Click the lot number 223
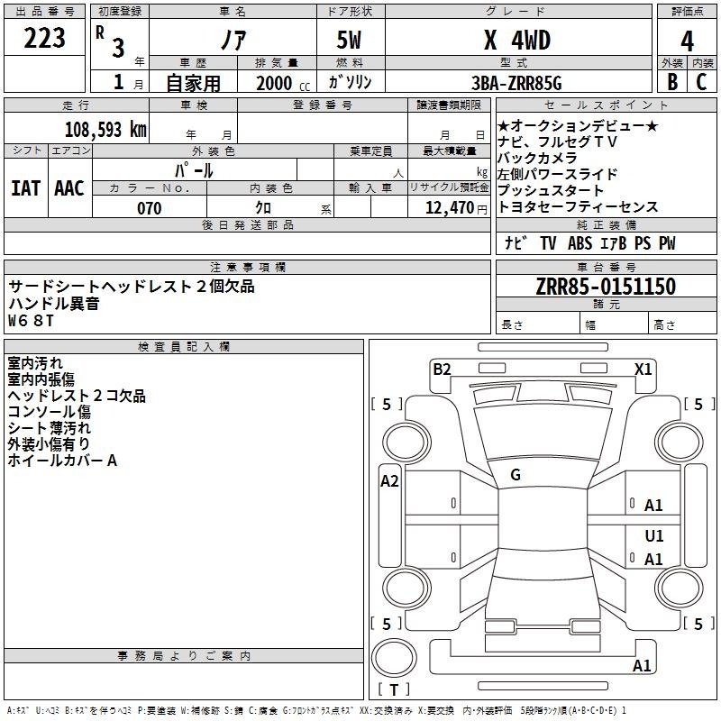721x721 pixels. pos(44,38)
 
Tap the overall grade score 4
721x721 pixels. pos(687,41)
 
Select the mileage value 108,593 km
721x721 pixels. pos(105,130)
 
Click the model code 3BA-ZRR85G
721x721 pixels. pos(516,83)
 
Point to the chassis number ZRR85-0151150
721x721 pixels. pos(606,287)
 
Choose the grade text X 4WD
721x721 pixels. pos(517,41)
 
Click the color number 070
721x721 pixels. pos(150,208)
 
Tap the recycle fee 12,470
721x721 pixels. pos(450,208)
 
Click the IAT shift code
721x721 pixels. pos(25,188)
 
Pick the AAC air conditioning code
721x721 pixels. pos(69,188)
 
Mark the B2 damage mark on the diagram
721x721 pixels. pos(442,369)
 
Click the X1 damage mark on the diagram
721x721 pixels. pos(643,369)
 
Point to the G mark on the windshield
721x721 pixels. pos(516,475)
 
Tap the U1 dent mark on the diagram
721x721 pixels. pos(654,535)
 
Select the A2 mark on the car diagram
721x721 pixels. pos(389,481)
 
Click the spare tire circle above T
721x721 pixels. pos(394,658)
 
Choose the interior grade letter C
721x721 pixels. pos(701,82)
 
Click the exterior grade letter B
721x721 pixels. pos(672,82)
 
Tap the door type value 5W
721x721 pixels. pos(349,41)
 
